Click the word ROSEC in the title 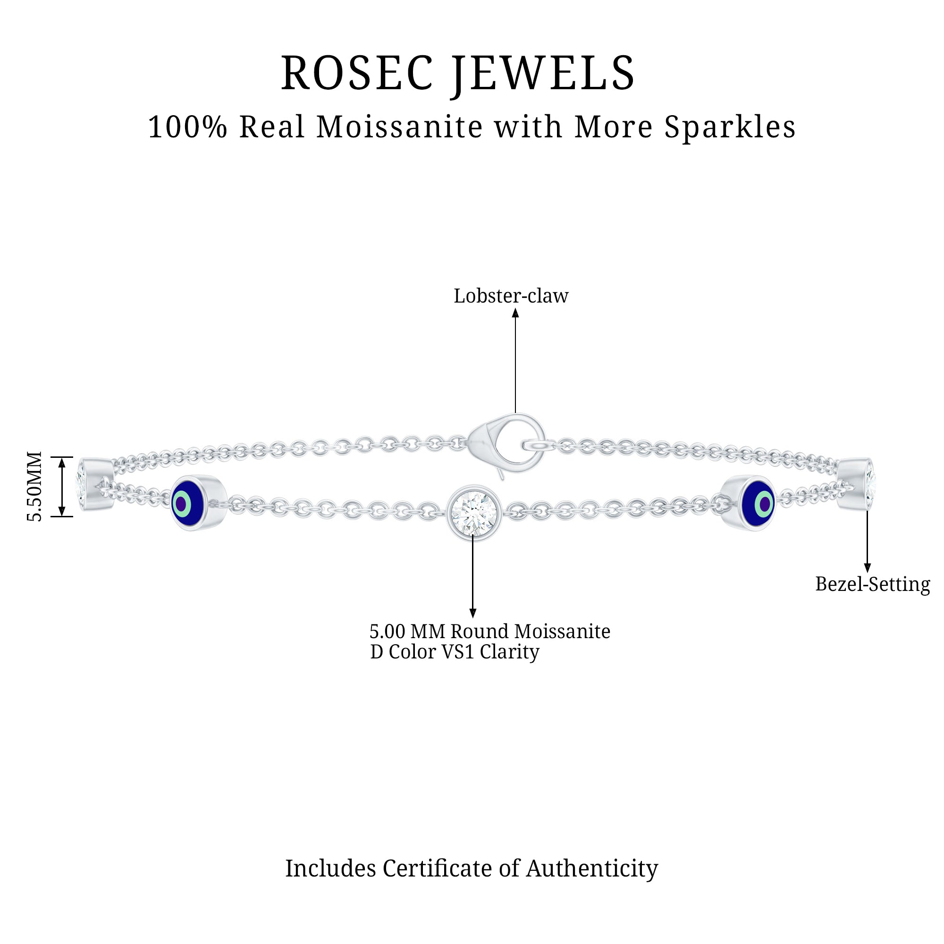357,73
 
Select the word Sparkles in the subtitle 730,127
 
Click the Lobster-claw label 511,296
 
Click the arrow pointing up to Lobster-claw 515,362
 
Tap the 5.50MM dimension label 34,487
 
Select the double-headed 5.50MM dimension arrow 62,487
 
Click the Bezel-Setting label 873,584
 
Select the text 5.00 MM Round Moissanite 489,631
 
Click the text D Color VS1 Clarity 455,652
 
